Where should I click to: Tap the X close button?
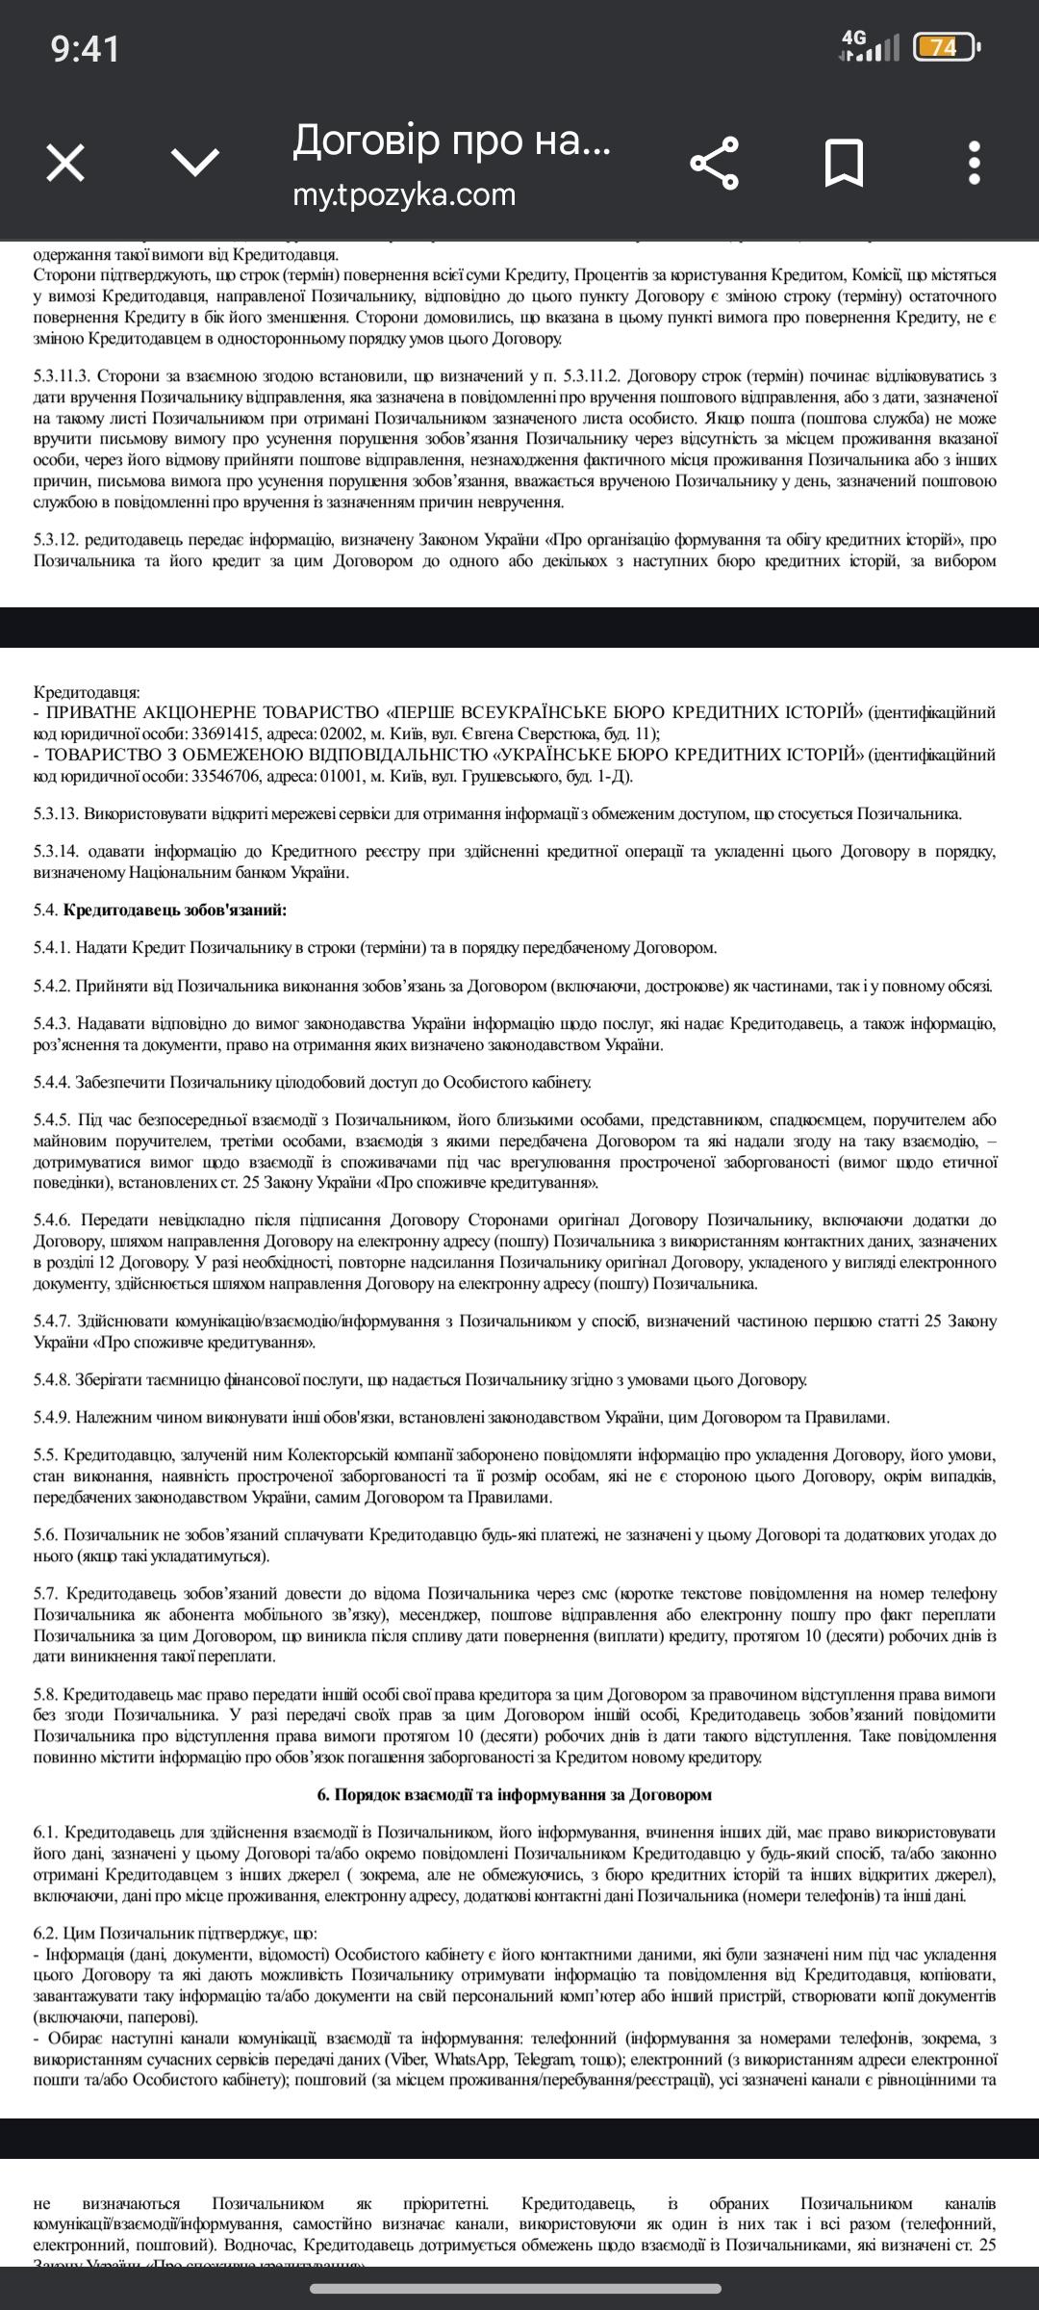(65, 162)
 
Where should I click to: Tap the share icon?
(715, 162)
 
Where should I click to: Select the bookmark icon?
(844, 162)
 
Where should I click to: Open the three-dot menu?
(975, 162)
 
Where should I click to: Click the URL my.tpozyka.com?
(404, 194)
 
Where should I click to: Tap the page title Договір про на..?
(451, 141)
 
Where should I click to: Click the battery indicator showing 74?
(945, 46)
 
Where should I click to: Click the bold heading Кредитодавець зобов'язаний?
(175, 910)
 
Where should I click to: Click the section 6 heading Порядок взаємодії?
(514, 1794)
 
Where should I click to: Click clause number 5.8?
(45, 1693)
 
